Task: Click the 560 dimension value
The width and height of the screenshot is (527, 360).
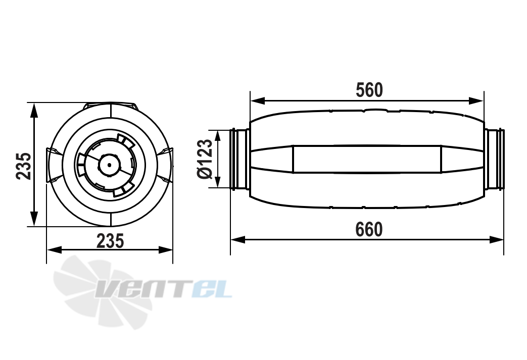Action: (x=369, y=90)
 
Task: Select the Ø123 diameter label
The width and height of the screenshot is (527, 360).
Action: (x=205, y=159)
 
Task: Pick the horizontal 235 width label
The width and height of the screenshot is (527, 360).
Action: (x=110, y=241)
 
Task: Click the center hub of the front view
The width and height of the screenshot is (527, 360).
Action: (x=108, y=164)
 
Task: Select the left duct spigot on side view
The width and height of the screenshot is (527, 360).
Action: (x=240, y=159)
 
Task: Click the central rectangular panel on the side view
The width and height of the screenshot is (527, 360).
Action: (x=367, y=159)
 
